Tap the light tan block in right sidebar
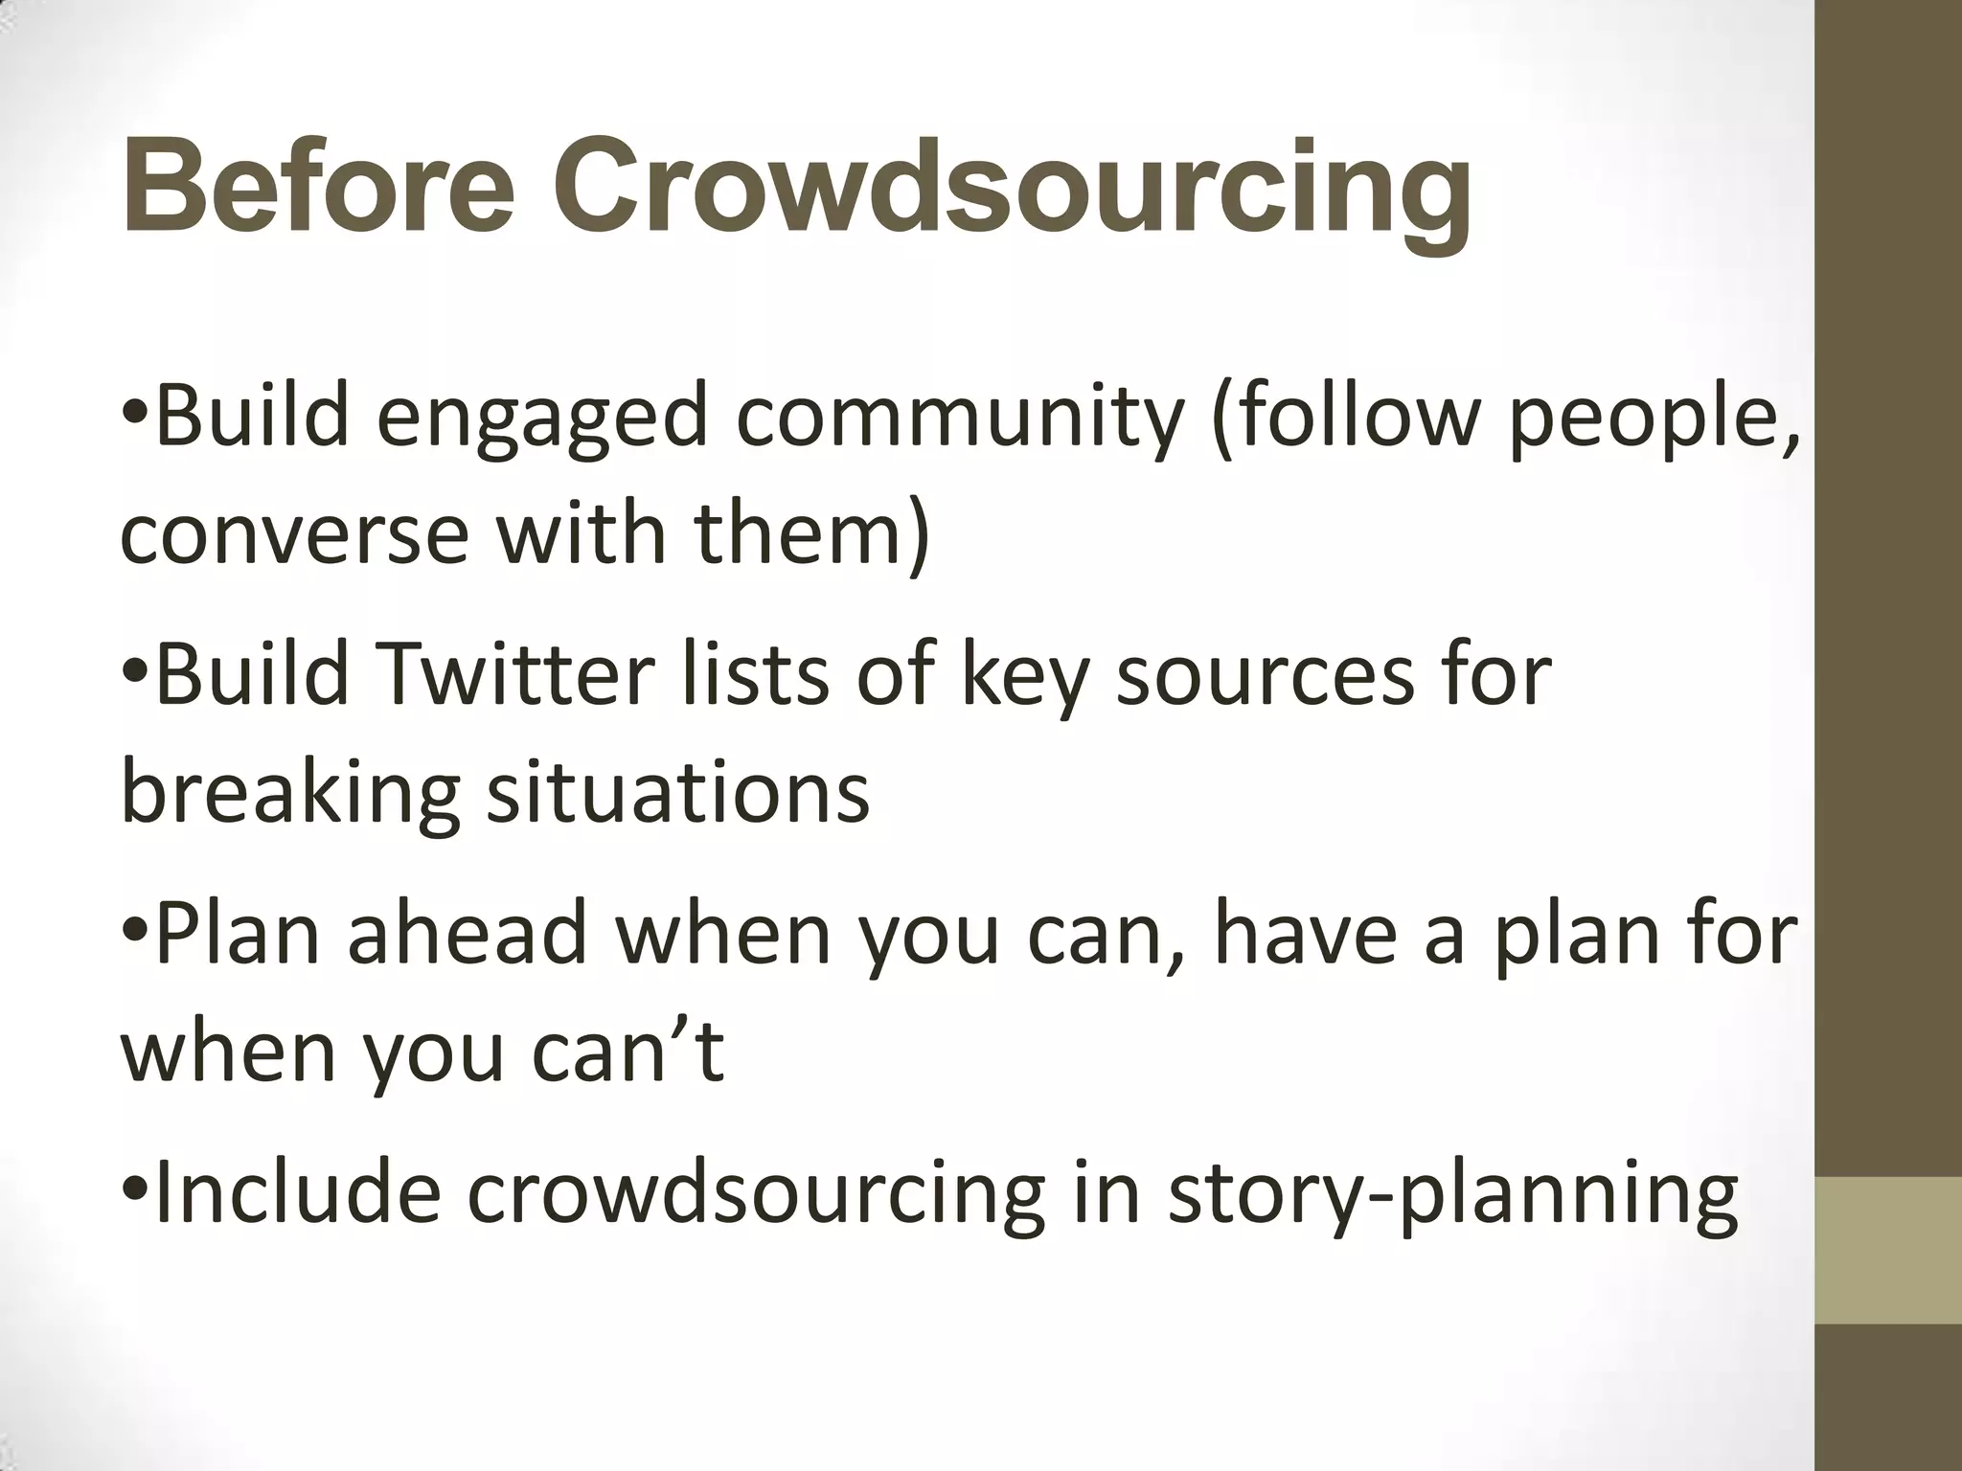1888,1251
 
